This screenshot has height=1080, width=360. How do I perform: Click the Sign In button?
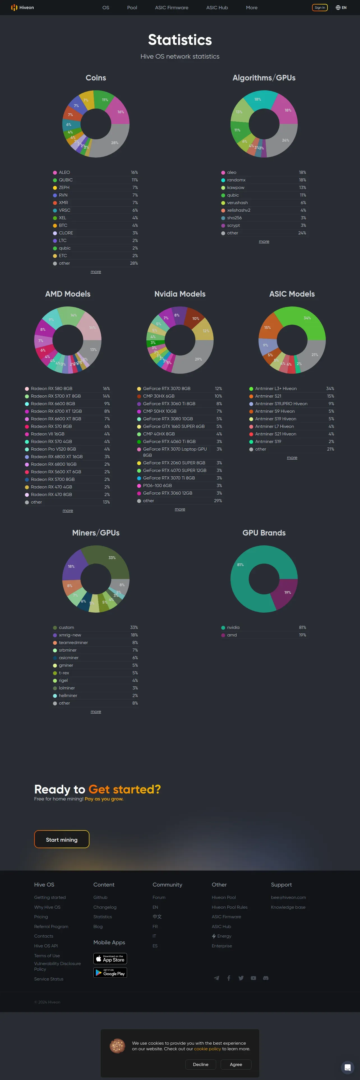(320, 8)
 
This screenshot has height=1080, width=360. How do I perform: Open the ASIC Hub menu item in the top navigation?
(217, 8)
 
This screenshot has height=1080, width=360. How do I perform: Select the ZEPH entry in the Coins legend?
(64, 187)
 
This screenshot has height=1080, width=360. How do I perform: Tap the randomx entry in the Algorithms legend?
(236, 180)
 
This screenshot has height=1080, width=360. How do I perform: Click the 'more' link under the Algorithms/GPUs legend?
(264, 241)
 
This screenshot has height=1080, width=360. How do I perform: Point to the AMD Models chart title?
(68, 294)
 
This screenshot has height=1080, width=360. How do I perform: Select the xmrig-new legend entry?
(70, 635)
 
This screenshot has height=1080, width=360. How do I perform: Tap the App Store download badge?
(110, 958)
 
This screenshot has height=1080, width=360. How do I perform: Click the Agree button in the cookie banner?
(236, 1065)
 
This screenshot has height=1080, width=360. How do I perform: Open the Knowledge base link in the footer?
(288, 907)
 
